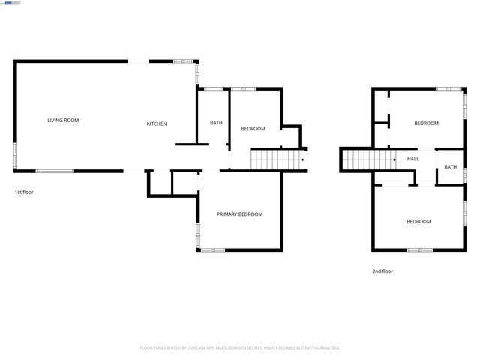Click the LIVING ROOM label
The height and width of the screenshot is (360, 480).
[63, 120]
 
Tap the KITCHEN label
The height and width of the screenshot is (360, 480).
[157, 124]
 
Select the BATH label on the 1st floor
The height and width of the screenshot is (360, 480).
[216, 123]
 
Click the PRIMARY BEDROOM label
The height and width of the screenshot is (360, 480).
[239, 214]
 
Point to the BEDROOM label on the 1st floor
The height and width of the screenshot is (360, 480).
[253, 129]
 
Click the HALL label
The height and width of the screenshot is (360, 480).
[413, 159]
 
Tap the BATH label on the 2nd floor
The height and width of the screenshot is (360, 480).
[450, 166]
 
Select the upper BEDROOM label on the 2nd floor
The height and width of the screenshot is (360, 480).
[426, 123]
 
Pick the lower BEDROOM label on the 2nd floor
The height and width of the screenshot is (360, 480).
[418, 221]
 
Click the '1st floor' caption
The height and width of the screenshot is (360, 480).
[24, 192]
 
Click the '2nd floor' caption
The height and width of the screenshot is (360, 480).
[382, 271]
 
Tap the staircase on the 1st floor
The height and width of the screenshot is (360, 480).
[274, 160]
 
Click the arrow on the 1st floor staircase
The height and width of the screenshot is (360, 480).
[302, 160]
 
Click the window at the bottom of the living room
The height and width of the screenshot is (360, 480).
[55, 171]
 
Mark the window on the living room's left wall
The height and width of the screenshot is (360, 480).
[15, 154]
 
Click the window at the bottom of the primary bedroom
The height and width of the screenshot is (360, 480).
[212, 250]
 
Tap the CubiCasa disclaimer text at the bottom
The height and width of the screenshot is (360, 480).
[240, 348]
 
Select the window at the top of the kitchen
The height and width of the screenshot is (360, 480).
[183, 61]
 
